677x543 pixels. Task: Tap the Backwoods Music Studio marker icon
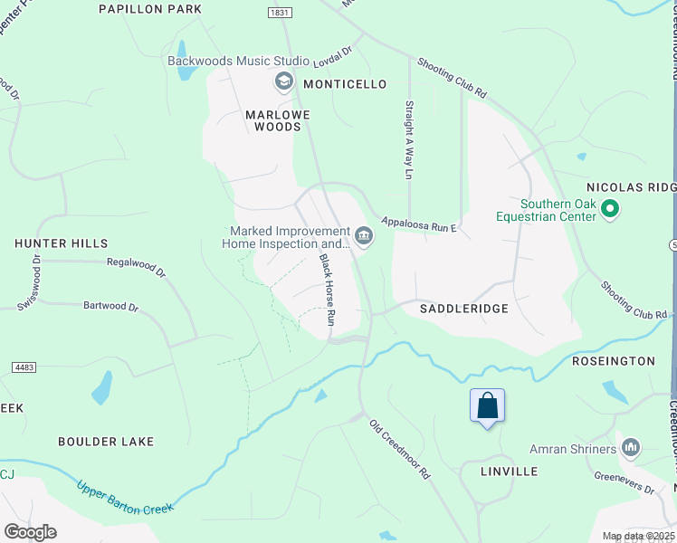284,82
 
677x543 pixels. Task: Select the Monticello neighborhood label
345,84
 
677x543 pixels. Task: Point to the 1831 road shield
279,12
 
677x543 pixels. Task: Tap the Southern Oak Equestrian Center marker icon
610,210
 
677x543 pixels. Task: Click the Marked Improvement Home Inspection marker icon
363,237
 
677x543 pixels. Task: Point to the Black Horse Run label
327,290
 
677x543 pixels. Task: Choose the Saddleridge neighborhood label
464,309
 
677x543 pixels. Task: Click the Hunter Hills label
61,243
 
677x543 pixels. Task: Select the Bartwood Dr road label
110,307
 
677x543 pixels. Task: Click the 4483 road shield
24,367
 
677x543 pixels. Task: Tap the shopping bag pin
487,406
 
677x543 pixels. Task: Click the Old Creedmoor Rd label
399,449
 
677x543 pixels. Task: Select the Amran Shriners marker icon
631,447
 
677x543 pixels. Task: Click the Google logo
30,532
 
